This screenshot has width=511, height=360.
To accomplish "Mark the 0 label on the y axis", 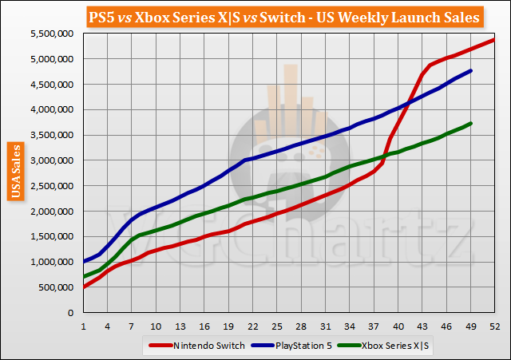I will [x=71, y=313].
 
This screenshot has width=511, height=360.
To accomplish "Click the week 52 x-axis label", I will [x=494, y=326].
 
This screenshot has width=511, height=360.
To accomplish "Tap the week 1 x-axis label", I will [x=83, y=326].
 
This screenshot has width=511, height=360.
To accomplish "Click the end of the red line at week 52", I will [x=494, y=39].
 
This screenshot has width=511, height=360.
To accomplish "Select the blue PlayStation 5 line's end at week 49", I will [x=470, y=70].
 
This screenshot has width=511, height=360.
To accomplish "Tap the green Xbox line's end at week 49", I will [x=470, y=123].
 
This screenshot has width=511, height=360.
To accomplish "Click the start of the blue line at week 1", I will [x=84, y=261].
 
